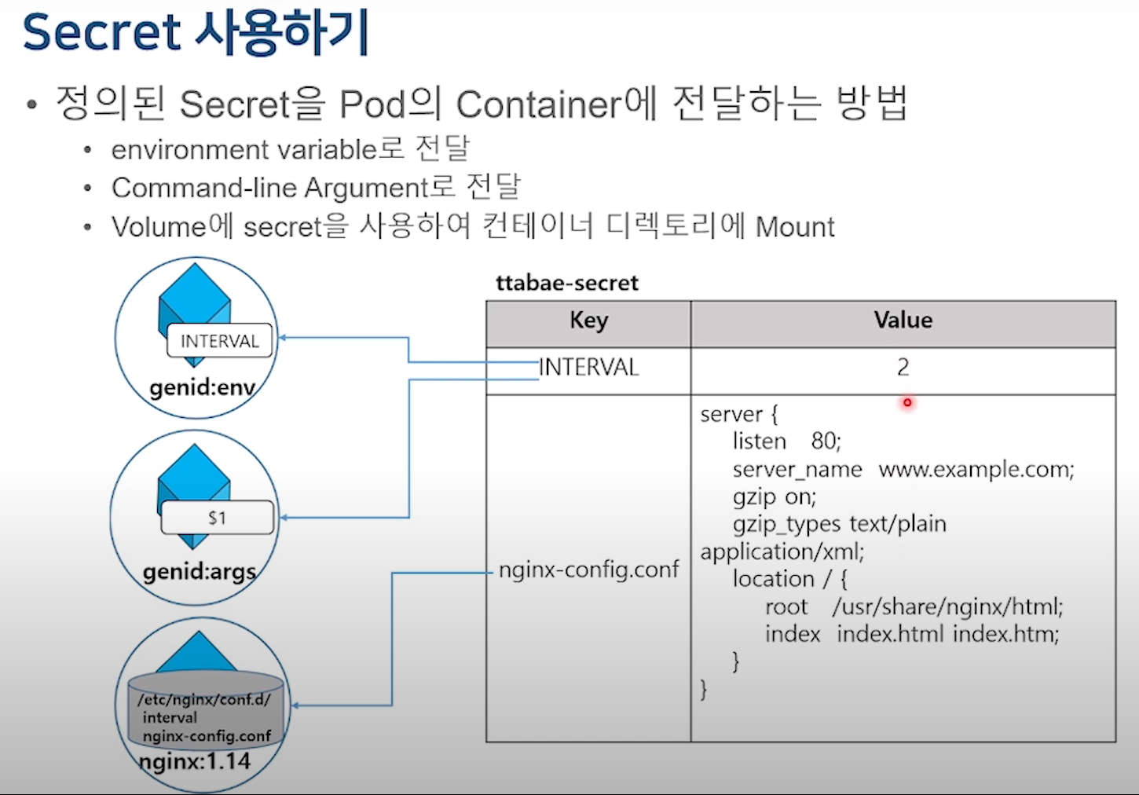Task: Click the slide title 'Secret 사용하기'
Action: pyautogui.click(x=195, y=33)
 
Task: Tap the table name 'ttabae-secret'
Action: pyautogui.click(x=566, y=283)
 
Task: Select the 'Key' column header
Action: pyautogui.click(x=588, y=321)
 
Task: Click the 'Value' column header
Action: pyautogui.click(x=903, y=321)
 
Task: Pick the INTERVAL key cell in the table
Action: pyautogui.click(x=589, y=367)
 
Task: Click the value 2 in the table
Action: pyautogui.click(x=903, y=367)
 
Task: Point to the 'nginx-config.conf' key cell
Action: pyautogui.click(x=588, y=570)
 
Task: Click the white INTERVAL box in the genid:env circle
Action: pyautogui.click(x=219, y=341)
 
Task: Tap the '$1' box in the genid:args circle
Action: pyautogui.click(x=218, y=518)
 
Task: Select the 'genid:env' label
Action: pyautogui.click(x=202, y=387)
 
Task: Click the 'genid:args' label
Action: pyautogui.click(x=200, y=571)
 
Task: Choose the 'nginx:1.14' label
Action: pyautogui.click(x=195, y=761)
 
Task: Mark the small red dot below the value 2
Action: pyautogui.click(x=907, y=403)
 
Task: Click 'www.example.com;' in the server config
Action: pyautogui.click(x=976, y=470)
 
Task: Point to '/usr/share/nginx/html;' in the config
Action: pyautogui.click(x=947, y=606)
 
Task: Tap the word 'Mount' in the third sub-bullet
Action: pyautogui.click(x=794, y=227)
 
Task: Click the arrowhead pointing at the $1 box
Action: pyautogui.click(x=284, y=518)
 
